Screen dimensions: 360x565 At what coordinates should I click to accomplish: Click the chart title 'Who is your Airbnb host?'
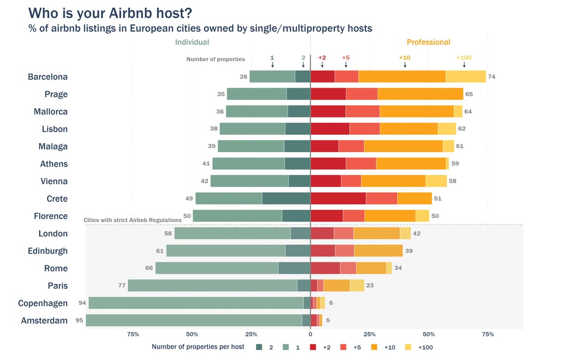(110, 13)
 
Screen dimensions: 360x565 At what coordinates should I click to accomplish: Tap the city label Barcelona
(48, 77)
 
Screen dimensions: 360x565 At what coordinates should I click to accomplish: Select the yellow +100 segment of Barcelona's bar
(466, 76)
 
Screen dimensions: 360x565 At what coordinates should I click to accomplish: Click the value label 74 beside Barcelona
(492, 77)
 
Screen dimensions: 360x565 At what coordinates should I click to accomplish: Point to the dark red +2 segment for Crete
(338, 198)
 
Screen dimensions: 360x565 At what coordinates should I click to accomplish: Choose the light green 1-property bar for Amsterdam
(194, 320)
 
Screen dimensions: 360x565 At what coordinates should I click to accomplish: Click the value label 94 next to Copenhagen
(82, 303)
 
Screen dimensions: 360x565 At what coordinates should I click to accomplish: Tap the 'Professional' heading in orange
(428, 42)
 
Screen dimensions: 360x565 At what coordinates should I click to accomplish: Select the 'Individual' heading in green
(192, 42)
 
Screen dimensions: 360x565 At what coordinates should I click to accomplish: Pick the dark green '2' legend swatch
(259, 347)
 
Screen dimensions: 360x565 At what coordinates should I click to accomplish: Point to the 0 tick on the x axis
(310, 335)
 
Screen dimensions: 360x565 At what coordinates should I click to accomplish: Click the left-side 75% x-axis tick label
(133, 335)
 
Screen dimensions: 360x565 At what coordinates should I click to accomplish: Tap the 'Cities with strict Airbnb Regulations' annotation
(132, 220)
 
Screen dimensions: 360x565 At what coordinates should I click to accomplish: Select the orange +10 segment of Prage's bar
(420, 94)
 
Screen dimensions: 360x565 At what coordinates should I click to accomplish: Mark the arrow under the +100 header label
(464, 65)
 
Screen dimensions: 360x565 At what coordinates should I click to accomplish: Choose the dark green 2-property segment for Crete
(286, 198)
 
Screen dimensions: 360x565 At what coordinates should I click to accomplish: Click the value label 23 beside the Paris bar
(370, 286)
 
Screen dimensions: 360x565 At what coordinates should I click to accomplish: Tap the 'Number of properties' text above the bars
(216, 59)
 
